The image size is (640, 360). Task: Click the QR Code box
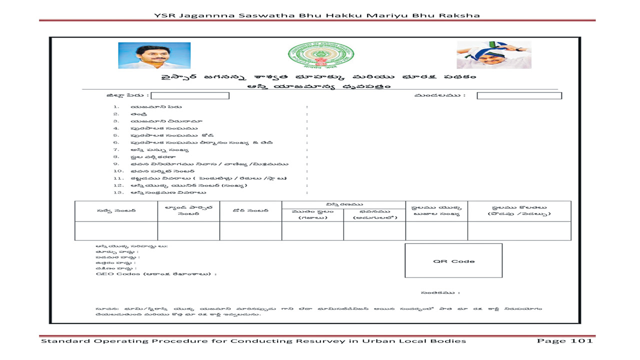coord(453,261)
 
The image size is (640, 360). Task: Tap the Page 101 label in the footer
coord(564,341)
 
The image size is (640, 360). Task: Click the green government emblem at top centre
coord(320,55)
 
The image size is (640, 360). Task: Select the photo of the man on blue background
coord(154,55)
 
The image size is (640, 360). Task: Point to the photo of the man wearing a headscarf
coord(493,54)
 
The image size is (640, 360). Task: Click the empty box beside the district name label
coord(190,95)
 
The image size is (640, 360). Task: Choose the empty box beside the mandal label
coord(519,95)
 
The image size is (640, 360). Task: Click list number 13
coord(118,192)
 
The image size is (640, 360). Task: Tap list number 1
coord(116,107)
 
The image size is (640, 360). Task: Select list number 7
coord(116,149)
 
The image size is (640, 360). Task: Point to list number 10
coord(118,171)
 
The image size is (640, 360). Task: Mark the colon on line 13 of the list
coord(306,192)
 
